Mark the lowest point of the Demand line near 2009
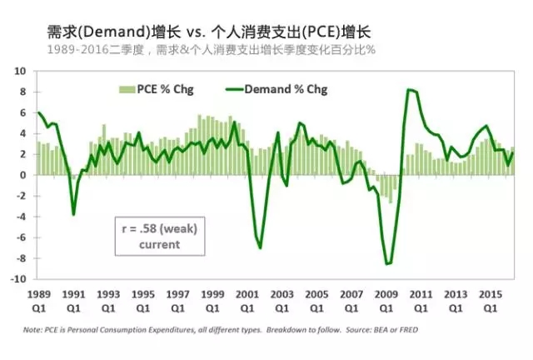tap(388, 264)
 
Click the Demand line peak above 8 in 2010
tap(409, 89)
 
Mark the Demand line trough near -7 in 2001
tap(261, 248)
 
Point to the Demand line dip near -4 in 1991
tap(74, 215)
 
